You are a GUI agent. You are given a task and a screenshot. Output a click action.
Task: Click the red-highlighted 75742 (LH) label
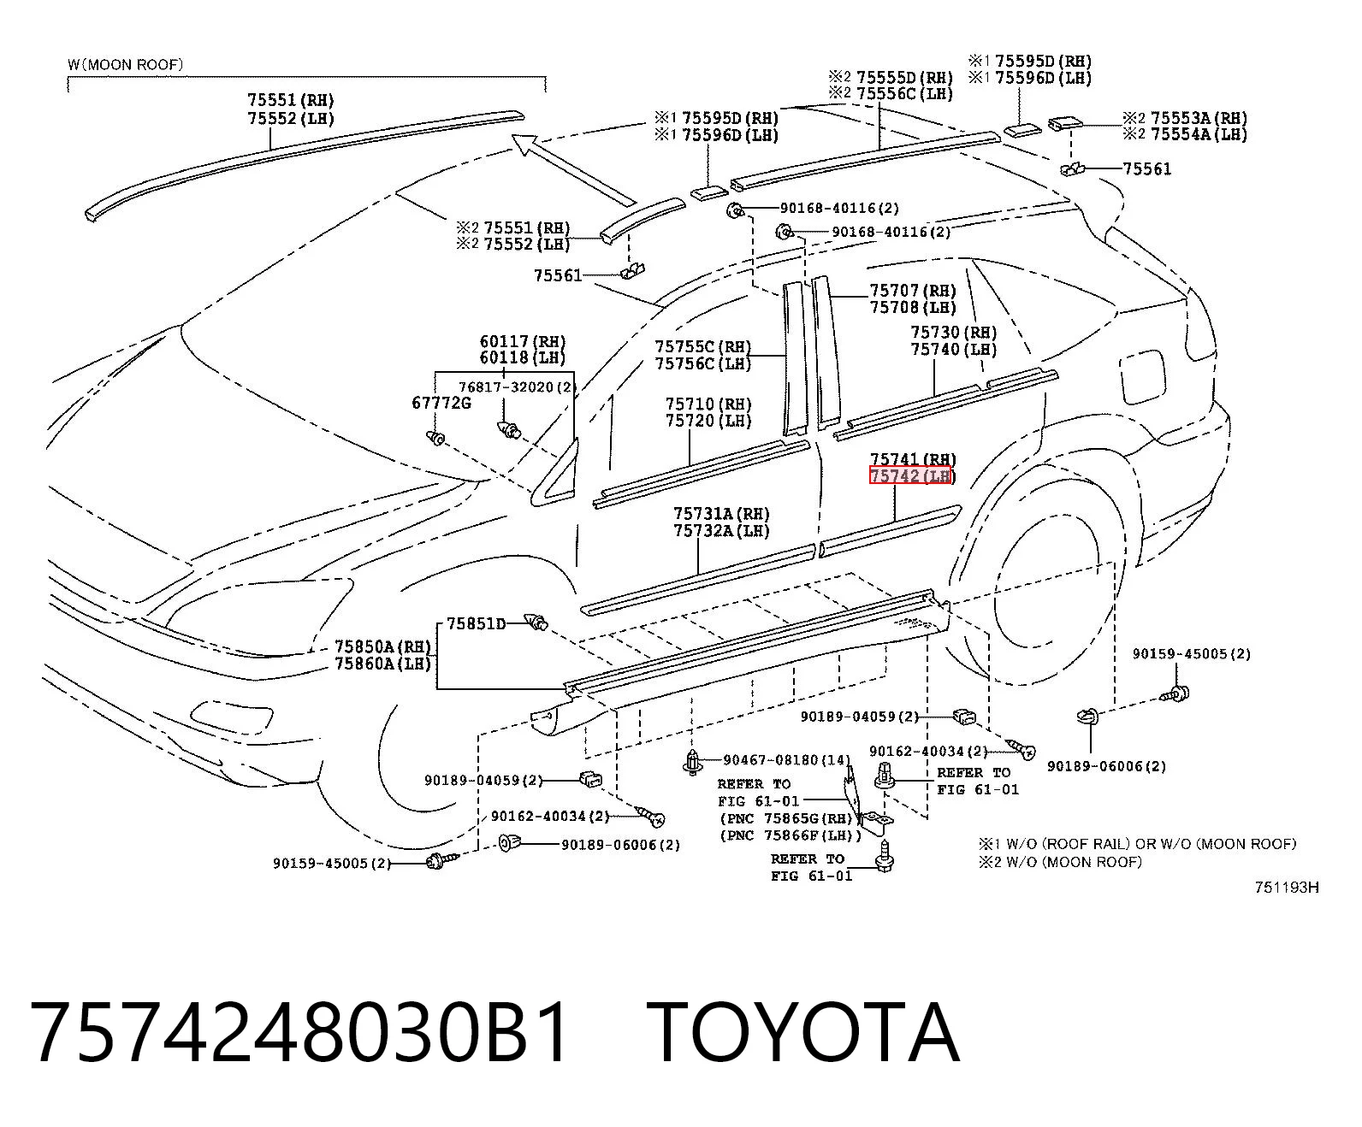click(x=910, y=476)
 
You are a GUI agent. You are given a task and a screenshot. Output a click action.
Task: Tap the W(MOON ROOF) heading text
click(x=125, y=65)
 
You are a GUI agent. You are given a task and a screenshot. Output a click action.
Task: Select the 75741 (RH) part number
click(x=913, y=459)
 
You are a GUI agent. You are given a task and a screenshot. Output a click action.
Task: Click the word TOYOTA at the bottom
click(x=802, y=1032)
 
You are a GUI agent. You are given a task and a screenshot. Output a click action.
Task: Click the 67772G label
click(x=441, y=403)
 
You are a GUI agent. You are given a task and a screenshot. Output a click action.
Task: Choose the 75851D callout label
click(x=476, y=624)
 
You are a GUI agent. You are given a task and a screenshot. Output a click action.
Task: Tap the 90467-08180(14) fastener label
click(x=787, y=760)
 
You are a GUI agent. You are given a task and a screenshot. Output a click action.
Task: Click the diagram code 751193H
click(x=1287, y=887)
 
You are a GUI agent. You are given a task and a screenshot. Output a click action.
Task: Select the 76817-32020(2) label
click(x=515, y=386)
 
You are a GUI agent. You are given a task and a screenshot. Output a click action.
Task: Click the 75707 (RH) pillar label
click(x=913, y=290)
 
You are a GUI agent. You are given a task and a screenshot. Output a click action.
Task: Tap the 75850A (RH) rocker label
click(x=383, y=646)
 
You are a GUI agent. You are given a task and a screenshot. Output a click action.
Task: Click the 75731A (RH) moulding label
click(x=721, y=514)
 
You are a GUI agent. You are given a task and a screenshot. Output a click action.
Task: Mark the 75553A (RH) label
click(x=1199, y=118)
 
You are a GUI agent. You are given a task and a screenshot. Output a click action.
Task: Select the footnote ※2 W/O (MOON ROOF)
click(x=1060, y=862)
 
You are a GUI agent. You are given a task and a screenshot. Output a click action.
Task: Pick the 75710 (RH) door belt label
click(x=708, y=404)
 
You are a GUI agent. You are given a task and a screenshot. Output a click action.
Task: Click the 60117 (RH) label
click(x=523, y=341)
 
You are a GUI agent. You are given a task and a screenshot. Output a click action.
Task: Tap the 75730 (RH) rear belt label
click(x=954, y=333)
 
